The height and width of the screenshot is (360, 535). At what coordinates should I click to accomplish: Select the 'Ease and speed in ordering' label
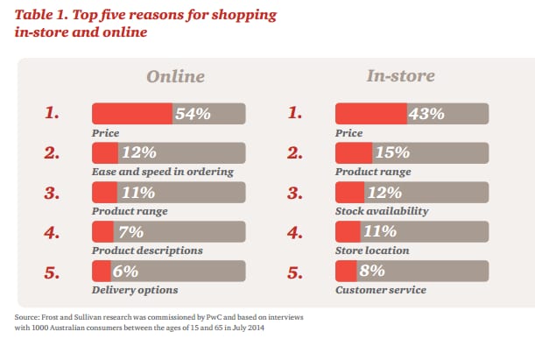coord(162,172)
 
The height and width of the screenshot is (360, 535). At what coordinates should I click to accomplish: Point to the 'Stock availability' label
coord(382,211)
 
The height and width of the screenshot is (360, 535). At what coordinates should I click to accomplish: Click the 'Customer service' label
coord(381,289)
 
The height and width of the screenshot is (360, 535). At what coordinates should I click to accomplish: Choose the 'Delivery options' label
coord(135,289)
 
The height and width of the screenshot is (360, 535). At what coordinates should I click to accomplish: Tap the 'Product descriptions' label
coord(147,251)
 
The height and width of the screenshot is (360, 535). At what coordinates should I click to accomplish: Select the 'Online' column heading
coord(175,76)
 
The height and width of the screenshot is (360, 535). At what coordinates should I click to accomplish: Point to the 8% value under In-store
coord(374,271)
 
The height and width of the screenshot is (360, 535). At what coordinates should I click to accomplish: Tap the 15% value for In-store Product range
coord(391,152)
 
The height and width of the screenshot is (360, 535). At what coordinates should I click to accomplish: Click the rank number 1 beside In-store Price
coord(294,114)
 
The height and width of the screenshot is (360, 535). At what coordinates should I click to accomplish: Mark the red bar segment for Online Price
coord(131,113)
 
